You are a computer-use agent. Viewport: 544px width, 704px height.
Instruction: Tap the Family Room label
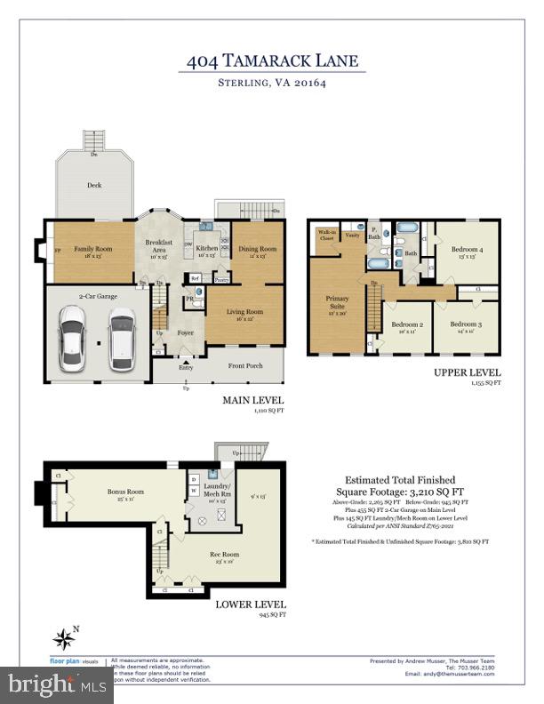pos(92,250)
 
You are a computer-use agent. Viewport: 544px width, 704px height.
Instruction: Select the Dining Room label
pos(258,250)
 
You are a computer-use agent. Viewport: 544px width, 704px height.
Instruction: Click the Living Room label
pos(244,312)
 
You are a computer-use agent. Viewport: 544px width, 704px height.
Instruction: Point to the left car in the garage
pos(73,340)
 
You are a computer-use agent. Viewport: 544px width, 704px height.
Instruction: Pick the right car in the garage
pos(122,340)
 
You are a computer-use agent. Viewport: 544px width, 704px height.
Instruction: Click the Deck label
pos(93,186)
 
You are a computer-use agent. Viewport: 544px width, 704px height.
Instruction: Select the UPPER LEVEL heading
pos(468,372)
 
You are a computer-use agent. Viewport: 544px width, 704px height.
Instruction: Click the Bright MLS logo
pos(56,684)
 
